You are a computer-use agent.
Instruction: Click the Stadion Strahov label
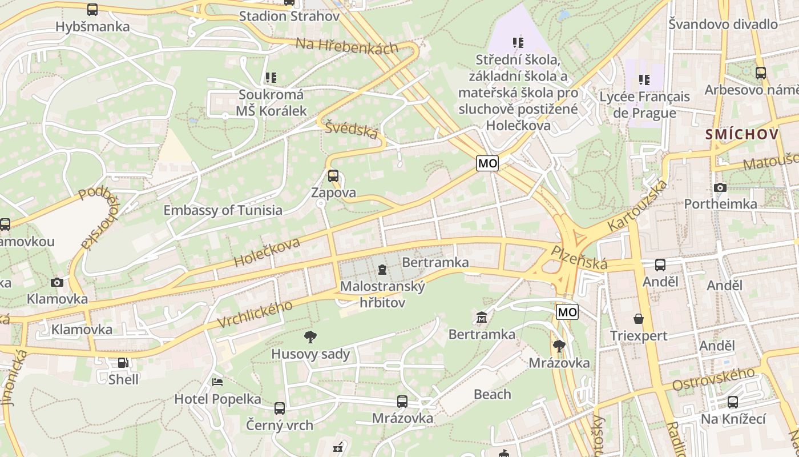pyautogui.click(x=289, y=16)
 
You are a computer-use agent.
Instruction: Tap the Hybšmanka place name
pyautogui.click(x=92, y=26)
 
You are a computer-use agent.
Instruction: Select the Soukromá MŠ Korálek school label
pyautogui.click(x=272, y=103)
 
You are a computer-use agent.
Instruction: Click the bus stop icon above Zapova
pyautogui.click(x=333, y=176)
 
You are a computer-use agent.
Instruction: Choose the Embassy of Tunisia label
pyautogui.click(x=223, y=210)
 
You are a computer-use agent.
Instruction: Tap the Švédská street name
pyautogui.click(x=352, y=129)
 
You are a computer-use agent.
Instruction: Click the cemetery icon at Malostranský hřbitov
pyautogui.click(x=382, y=269)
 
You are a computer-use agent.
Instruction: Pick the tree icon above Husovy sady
pyautogui.click(x=310, y=337)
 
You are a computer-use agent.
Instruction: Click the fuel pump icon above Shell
pyautogui.click(x=123, y=363)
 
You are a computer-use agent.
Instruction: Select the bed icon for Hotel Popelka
pyautogui.click(x=217, y=382)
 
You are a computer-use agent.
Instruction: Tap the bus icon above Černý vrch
pyautogui.click(x=280, y=408)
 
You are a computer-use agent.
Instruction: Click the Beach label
pyautogui.click(x=493, y=394)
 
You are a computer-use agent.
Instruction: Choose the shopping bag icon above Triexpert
pyautogui.click(x=639, y=319)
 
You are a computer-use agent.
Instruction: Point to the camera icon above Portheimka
pyautogui.click(x=720, y=187)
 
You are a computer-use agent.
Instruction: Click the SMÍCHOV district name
pyautogui.click(x=742, y=135)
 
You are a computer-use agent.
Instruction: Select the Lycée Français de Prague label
pyautogui.click(x=644, y=105)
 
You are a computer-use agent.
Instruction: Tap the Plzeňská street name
pyautogui.click(x=579, y=258)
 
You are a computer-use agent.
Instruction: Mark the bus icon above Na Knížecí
pyautogui.click(x=733, y=402)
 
